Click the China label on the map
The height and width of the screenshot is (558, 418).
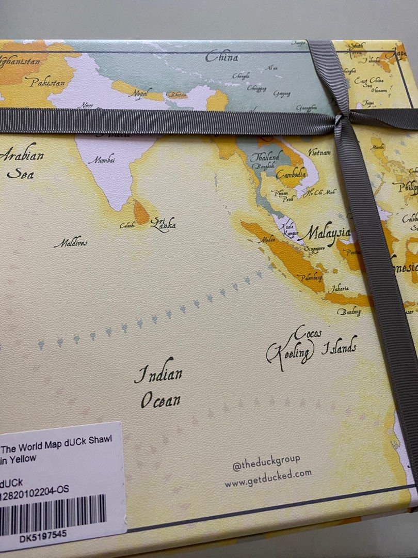222,57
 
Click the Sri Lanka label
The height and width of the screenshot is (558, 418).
163,224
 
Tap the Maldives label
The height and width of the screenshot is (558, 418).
70,242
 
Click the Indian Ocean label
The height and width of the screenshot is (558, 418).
159,386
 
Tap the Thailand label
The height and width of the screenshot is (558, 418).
266,157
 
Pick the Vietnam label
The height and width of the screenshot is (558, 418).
320,152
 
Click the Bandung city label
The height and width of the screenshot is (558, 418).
349,312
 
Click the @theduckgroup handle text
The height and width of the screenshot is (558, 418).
266,462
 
